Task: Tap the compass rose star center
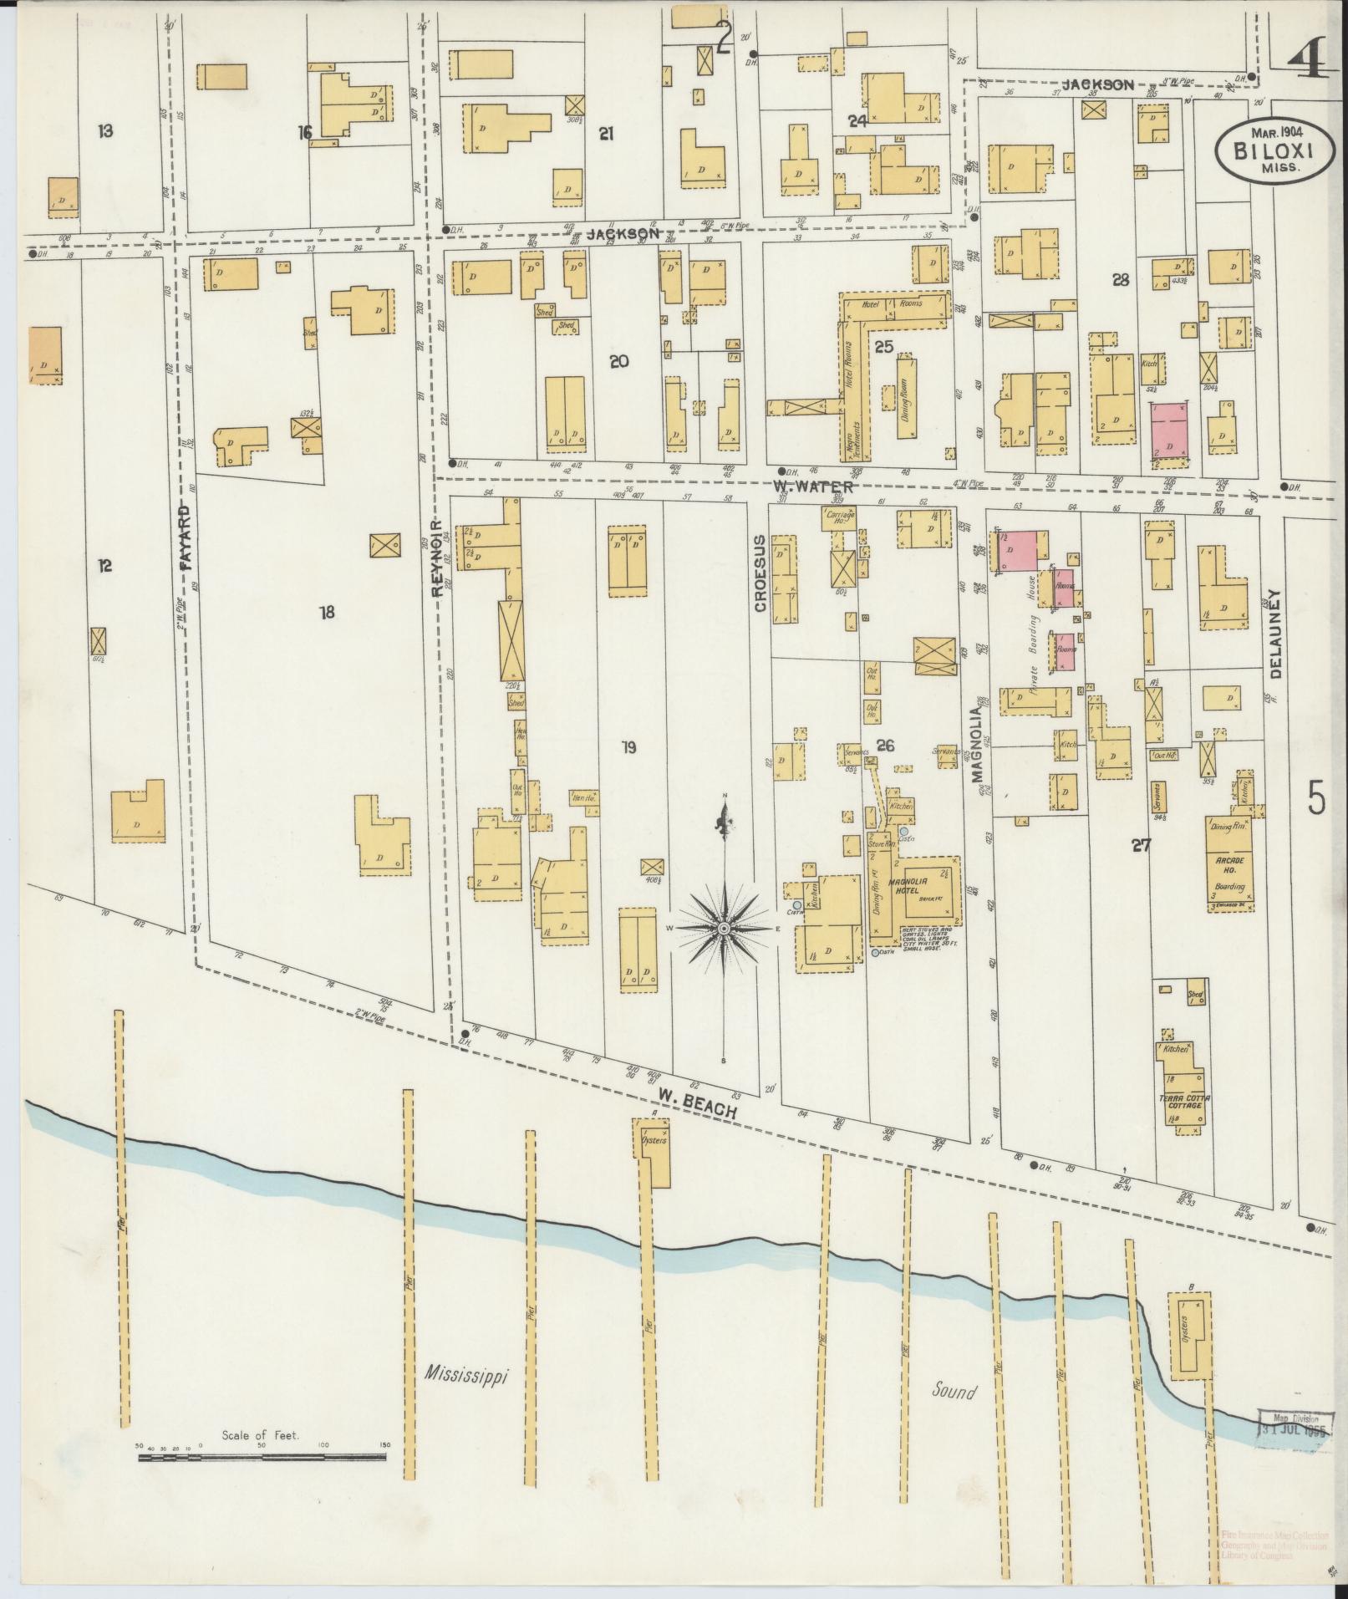click(724, 929)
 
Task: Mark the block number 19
click(628, 747)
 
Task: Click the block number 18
click(326, 613)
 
